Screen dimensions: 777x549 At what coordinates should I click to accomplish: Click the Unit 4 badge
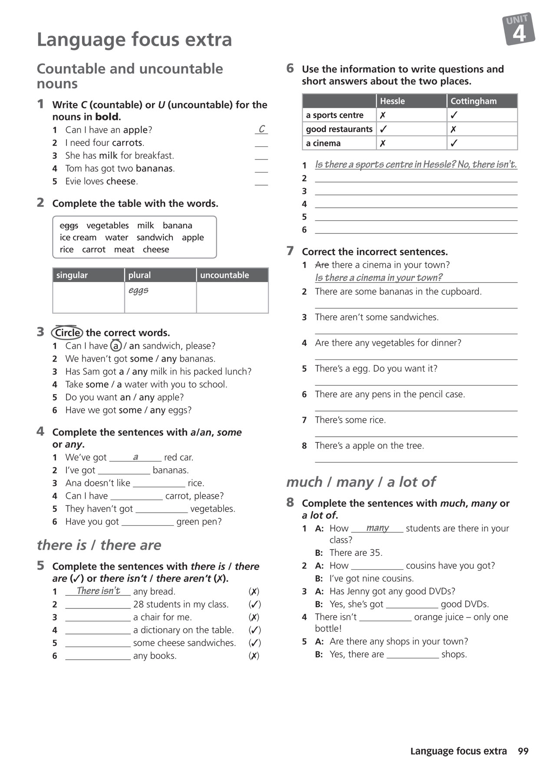pos(519,29)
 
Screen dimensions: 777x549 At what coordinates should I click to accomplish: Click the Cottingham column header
pos(473,101)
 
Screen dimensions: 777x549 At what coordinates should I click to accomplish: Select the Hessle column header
pos(392,101)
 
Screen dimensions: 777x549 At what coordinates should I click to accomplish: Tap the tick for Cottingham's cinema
pos(454,143)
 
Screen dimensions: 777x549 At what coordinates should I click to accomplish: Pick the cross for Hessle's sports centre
pos(383,115)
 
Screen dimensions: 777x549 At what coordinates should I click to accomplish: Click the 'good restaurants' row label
pos(339,129)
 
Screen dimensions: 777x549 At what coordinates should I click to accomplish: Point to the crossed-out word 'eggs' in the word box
pos(69,226)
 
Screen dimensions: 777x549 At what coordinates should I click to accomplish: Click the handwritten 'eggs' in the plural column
pos(139,290)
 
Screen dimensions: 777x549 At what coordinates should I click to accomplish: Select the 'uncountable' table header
pos(224,275)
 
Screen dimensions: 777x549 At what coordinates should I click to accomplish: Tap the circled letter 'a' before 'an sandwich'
pos(116,346)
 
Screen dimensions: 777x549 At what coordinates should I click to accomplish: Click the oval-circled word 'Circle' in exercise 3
pos(67,333)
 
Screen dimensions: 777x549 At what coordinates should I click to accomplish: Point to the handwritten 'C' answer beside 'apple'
pos(261,129)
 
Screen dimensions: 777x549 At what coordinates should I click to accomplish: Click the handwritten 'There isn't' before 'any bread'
pos(98,591)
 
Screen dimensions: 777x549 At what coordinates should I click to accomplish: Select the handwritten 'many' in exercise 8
pos(377,528)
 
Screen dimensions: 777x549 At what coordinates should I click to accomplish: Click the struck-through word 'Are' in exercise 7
pos(322,265)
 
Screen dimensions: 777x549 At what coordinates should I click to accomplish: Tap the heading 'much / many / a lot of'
pos(361,482)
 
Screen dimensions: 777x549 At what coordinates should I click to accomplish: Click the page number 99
pos(523,751)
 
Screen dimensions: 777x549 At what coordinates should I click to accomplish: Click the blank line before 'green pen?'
pos(147,522)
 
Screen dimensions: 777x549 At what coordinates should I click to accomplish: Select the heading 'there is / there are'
pos(99,545)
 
